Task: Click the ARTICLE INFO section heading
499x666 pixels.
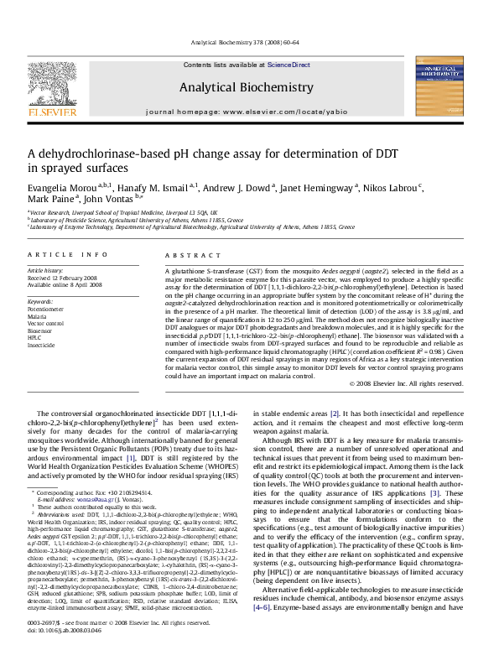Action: tap(68, 253)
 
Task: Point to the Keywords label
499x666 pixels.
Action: tap(41, 299)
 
